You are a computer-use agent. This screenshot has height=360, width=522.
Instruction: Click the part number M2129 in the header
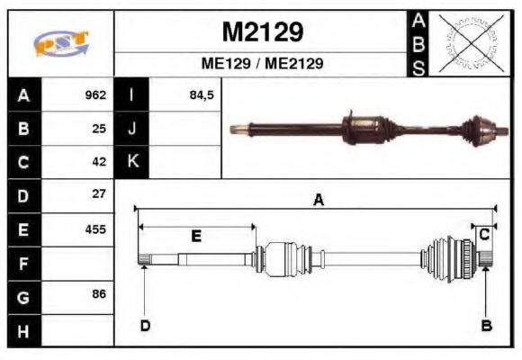pyautogui.click(x=262, y=32)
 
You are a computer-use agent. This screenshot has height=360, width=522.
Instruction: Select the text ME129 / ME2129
pyautogui.click(x=262, y=64)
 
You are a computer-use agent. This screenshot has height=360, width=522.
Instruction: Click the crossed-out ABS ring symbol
pyautogui.click(x=469, y=43)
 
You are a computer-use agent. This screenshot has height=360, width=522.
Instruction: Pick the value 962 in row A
pyautogui.click(x=95, y=95)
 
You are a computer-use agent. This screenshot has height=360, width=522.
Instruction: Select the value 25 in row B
pyautogui.click(x=99, y=129)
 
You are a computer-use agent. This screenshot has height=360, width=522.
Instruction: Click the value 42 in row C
pyautogui.click(x=99, y=162)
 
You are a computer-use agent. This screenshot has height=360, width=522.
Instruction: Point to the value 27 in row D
pyautogui.click(x=99, y=194)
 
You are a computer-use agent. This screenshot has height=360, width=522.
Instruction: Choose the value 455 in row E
pyautogui.click(x=95, y=229)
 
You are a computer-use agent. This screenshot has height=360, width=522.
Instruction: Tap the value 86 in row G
pyautogui.click(x=99, y=295)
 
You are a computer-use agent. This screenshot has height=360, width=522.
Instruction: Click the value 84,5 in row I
pyautogui.click(x=202, y=95)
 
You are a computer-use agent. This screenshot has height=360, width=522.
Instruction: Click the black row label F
pyautogui.click(x=24, y=263)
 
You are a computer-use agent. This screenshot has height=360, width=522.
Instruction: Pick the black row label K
pyautogui.click(x=132, y=162)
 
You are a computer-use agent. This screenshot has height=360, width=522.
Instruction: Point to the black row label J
pyautogui.click(x=132, y=129)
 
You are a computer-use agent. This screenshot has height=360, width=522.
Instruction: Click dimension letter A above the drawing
pyautogui.click(x=318, y=201)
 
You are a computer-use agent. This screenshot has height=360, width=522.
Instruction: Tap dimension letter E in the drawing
pyautogui.click(x=195, y=236)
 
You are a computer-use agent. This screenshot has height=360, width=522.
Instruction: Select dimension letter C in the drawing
pyautogui.click(x=483, y=235)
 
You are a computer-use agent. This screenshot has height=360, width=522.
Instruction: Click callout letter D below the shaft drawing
pyautogui.click(x=144, y=325)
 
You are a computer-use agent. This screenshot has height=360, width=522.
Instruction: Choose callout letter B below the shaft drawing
pyautogui.click(x=487, y=325)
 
